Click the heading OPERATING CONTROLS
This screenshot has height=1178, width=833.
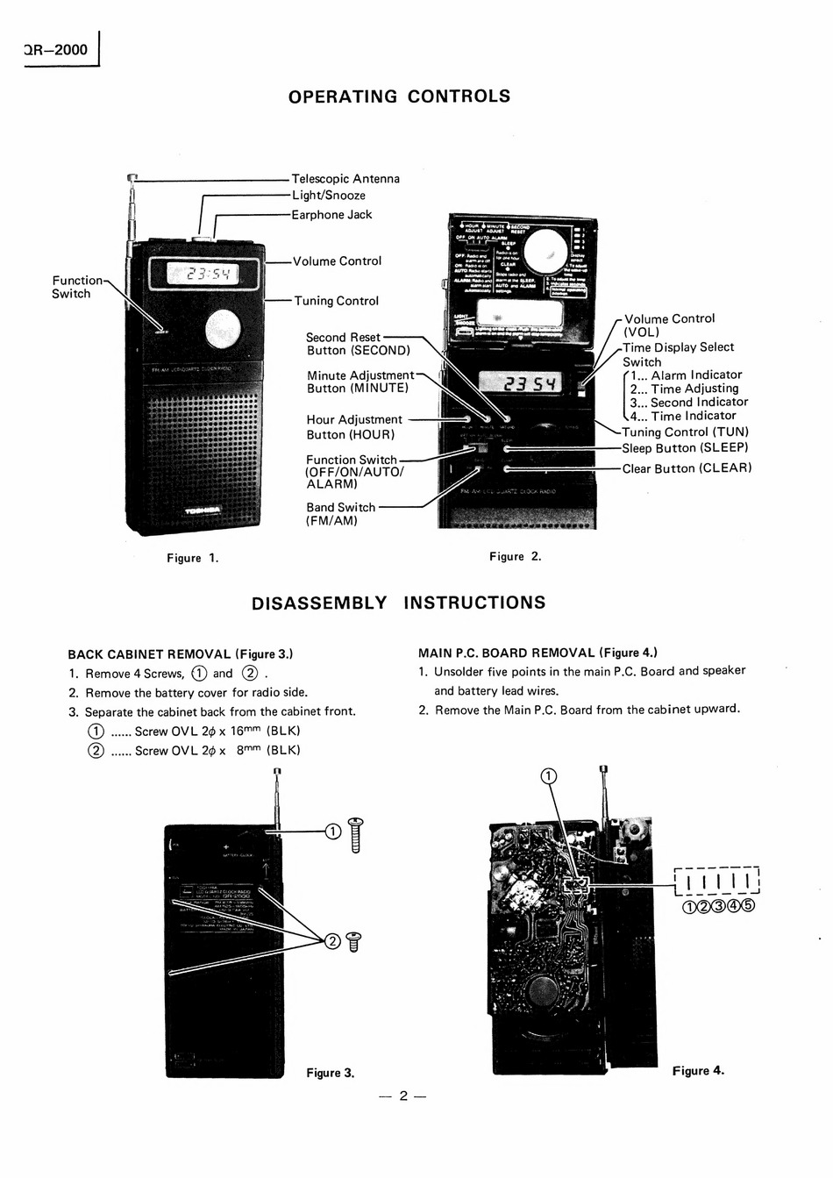tap(399, 96)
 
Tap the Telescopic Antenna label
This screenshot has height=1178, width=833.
tap(345, 179)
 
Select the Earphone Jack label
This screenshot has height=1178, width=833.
tap(331, 215)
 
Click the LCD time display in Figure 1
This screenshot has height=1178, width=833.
tap(204, 275)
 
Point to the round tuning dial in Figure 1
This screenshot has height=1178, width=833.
tap(223, 331)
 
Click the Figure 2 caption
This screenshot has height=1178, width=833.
tap(515, 556)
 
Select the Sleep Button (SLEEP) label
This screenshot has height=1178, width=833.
tap(685, 448)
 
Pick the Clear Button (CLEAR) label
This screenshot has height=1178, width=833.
tap(687, 468)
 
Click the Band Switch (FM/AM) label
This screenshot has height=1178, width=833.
tap(340, 514)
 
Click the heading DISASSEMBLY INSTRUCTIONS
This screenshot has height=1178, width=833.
tap(398, 603)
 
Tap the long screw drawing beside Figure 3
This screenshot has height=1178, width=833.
tap(356, 834)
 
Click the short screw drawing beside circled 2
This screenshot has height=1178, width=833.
tap(354, 941)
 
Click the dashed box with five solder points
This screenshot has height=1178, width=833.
tap(716, 881)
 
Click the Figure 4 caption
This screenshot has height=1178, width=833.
tap(698, 1070)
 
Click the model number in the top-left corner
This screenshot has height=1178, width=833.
tap(57, 50)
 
